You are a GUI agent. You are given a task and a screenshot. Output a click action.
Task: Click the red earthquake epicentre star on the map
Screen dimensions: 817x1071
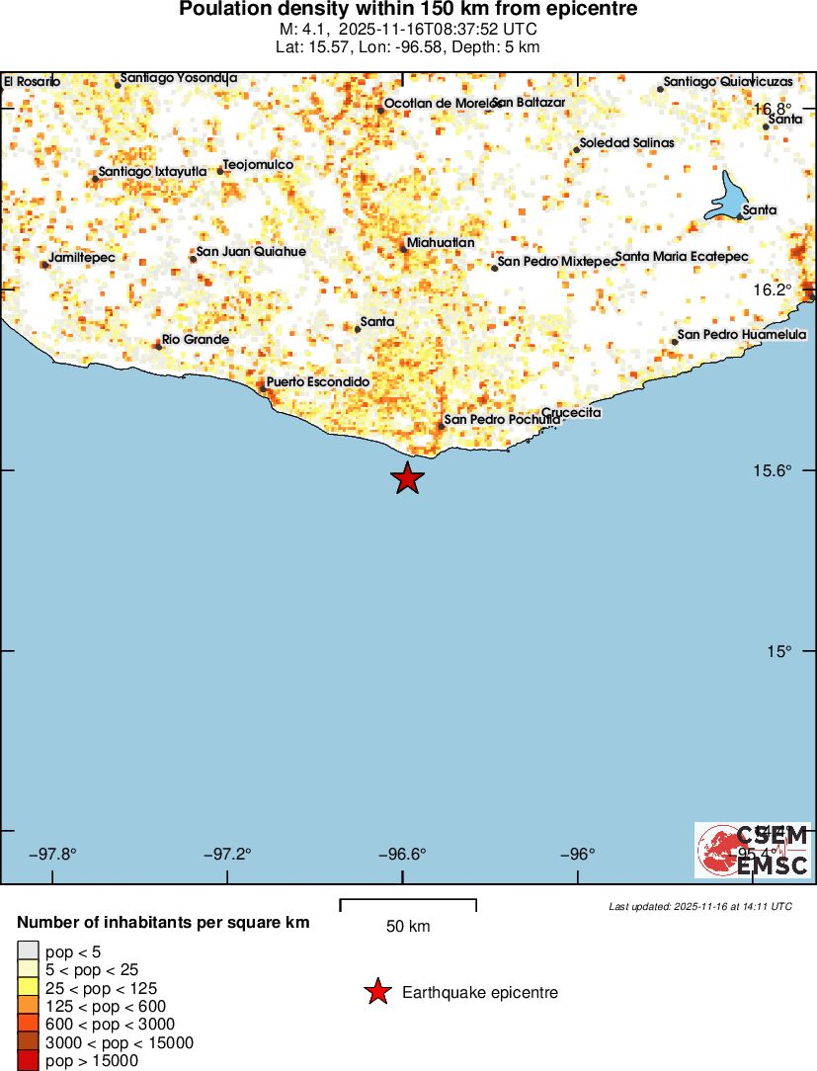407,478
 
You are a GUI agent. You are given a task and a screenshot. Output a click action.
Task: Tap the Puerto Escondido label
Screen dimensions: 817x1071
318,382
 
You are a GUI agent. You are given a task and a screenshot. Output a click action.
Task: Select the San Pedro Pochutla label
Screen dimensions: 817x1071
502,420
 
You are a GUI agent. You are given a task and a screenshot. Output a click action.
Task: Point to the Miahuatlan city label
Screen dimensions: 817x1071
441,243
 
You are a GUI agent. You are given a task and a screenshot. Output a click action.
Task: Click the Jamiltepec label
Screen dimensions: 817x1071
82,258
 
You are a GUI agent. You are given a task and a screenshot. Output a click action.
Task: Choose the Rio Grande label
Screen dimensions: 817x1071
196,340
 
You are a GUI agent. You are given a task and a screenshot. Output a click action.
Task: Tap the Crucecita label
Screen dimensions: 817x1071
571,413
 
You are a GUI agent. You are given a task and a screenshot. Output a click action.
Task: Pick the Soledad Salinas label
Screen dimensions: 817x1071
626,143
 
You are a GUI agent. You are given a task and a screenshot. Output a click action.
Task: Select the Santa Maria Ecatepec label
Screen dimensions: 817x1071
682,258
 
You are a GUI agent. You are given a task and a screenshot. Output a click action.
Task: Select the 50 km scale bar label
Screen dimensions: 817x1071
408,927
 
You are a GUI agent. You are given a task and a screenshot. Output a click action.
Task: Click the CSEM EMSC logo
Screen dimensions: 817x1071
753,850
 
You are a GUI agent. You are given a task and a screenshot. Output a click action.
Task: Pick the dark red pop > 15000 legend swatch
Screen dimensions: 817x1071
28,1061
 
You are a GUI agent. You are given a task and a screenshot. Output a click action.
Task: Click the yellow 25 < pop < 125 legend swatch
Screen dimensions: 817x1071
28,987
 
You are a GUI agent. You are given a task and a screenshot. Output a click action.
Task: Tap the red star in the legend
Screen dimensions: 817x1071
377,993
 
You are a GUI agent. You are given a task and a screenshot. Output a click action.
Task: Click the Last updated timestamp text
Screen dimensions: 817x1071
700,906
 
